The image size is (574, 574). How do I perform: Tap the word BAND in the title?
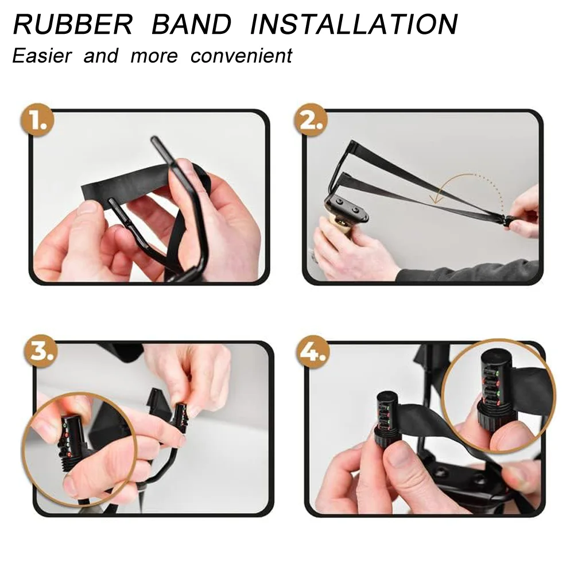pos(191,24)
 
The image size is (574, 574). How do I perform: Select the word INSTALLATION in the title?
pos(354,24)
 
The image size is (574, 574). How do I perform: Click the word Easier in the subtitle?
pos(42,56)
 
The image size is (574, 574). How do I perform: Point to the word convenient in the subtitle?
pos(241,56)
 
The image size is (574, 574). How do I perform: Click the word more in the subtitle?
pos(154,56)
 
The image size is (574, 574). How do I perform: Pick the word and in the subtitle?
pos(100,56)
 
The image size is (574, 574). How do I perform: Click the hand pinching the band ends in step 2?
pos(525,215)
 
